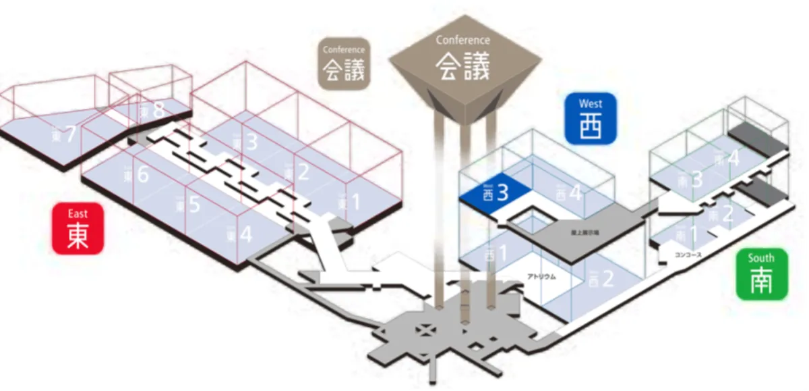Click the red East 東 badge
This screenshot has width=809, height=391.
point(78,228)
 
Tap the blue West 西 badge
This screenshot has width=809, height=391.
point(590,118)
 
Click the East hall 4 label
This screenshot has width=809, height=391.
point(239,235)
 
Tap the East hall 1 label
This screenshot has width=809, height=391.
point(349,201)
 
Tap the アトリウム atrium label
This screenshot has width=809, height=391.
point(541,276)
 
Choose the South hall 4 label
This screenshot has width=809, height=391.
point(727,160)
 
